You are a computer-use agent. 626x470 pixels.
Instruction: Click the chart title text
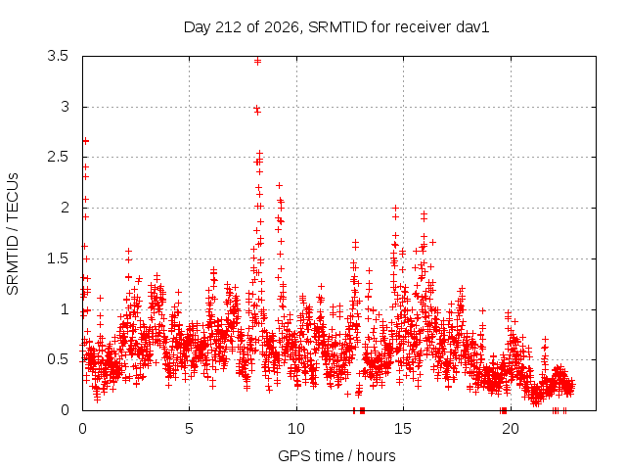click(x=336, y=27)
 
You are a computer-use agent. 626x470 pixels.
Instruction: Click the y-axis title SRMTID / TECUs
click(x=13, y=234)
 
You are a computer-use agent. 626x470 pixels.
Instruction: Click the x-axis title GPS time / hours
click(x=336, y=456)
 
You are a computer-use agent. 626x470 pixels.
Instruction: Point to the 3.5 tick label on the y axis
click(x=58, y=56)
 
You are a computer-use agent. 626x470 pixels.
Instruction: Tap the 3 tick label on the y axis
click(x=66, y=107)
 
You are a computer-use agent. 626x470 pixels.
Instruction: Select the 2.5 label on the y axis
click(x=58, y=157)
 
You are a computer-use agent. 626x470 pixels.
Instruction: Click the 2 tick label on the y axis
click(x=66, y=208)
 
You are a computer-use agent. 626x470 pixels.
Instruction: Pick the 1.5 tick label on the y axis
click(x=58, y=258)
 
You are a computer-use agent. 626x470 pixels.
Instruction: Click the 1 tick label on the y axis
click(x=66, y=309)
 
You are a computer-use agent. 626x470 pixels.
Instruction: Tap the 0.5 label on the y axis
click(x=58, y=359)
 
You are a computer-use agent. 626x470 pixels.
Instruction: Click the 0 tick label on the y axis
click(x=66, y=410)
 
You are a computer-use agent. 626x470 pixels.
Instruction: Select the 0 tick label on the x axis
click(x=82, y=429)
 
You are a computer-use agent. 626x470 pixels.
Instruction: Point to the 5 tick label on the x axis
click(x=189, y=429)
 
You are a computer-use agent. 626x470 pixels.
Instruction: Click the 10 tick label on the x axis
click(x=296, y=429)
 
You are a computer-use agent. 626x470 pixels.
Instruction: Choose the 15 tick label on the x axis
click(x=403, y=429)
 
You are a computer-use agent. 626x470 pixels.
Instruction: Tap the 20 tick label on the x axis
click(x=511, y=429)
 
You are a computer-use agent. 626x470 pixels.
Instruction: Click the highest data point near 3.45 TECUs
click(x=257, y=61)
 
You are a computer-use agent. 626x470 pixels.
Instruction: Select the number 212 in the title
click(x=228, y=27)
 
